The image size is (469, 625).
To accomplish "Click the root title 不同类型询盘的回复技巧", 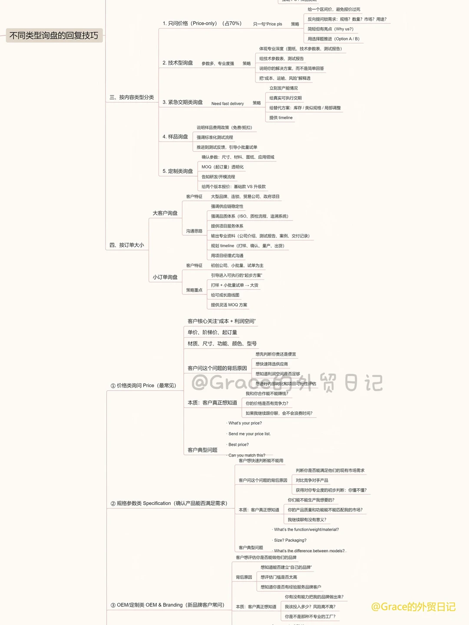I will point(54,36).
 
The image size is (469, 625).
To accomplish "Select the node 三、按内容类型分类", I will point(132,97).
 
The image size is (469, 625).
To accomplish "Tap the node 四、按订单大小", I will point(126,245).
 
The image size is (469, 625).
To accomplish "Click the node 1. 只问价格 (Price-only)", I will point(201,23).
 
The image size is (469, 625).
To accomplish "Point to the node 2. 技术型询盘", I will point(178,63).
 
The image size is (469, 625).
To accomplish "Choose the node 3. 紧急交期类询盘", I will point(182,102).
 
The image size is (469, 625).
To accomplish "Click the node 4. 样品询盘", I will point(175,137).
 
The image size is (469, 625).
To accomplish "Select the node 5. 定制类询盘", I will point(178,171).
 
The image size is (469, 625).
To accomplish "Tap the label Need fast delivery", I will point(228,104).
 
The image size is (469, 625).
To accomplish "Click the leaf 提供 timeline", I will point(281,118).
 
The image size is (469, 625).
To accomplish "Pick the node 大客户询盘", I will point(165,213).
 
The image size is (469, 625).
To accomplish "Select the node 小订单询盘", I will point(165,277).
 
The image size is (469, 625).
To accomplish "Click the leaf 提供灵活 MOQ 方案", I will point(229,305).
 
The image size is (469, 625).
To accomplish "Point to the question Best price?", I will point(238,445).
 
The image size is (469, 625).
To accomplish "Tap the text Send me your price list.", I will point(249,434).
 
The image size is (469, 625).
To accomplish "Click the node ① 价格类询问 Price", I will point(143,385).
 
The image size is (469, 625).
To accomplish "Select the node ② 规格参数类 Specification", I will point(169,503).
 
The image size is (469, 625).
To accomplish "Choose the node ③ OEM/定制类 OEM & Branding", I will point(167,605).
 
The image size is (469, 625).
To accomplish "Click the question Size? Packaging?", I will point(290,540).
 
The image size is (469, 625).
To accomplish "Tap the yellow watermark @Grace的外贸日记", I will point(413,607).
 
